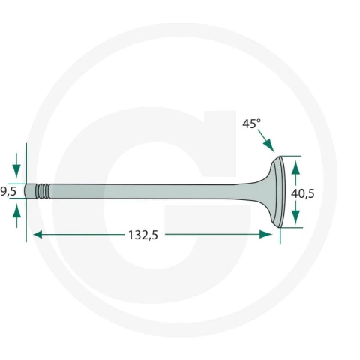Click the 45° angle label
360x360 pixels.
(x=251, y=124)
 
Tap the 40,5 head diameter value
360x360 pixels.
(x=303, y=193)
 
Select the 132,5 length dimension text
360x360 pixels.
(x=143, y=235)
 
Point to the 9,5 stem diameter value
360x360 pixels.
(x=8, y=192)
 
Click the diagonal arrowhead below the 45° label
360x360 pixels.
(x=268, y=145)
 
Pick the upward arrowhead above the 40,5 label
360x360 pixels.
(x=295, y=167)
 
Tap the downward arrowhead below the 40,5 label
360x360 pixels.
(x=295, y=217)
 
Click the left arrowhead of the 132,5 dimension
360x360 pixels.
(x=38, y=235)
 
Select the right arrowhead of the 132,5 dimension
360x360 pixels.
(x=266, y=235)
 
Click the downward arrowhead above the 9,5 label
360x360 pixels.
(x=16, y=171)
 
